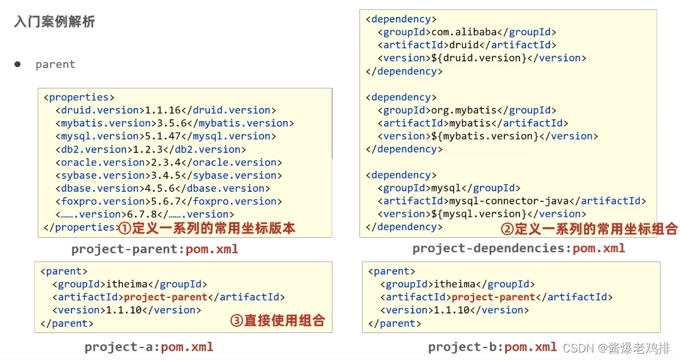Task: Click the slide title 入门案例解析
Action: click(x=55, y=23)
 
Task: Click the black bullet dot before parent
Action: click(x=18, y=64)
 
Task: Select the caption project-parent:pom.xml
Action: click(x=154, y=249)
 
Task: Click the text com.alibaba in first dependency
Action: click(x=467, y=32)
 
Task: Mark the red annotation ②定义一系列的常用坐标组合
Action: click(x=589, y=229)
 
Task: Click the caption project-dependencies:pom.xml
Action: click(x=519, y=248)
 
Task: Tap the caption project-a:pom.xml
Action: click(x=149, y=347)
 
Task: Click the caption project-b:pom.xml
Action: click(x=492, y=347)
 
